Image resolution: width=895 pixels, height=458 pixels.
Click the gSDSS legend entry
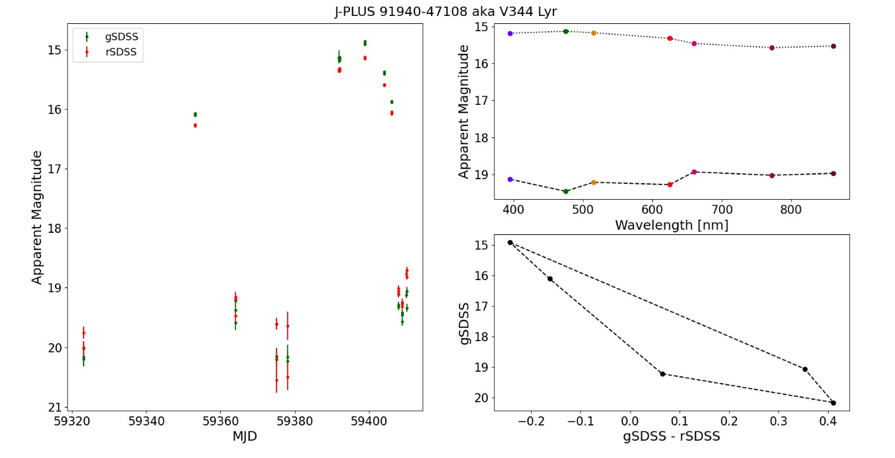pos(121,37)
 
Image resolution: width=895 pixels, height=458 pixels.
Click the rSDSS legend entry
pos(121,52)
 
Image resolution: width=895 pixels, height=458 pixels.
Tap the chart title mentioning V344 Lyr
pos(446,11)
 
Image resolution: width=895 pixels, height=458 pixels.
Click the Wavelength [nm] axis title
pos(672,225)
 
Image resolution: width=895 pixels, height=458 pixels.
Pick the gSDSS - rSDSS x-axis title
pos(672,437)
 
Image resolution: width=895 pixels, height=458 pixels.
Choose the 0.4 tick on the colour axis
pos(828,421)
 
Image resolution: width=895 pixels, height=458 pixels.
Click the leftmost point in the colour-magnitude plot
pos(510,242)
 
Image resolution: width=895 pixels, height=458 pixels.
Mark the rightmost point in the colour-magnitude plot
pos(833,403)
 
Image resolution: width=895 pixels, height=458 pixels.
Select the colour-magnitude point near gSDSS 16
pos(550,279)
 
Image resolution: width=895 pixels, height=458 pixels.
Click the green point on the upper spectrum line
pos(566,31)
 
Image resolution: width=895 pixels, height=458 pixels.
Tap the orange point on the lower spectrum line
pos(593,182)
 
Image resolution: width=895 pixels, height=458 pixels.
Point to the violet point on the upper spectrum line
pos(510,33)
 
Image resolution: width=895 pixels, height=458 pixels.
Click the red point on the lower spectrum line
pos(670,185)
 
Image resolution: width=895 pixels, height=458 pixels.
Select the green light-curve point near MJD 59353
pos(195,114)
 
